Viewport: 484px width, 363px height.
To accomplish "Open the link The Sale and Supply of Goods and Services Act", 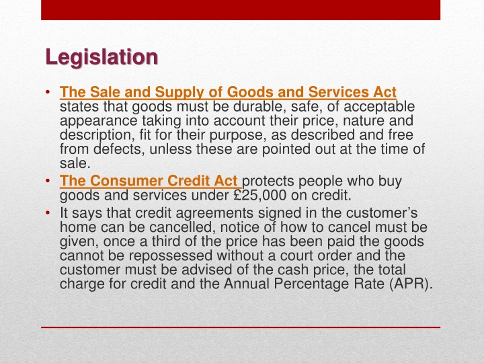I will click(228, 92).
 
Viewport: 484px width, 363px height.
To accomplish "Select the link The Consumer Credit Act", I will click(149, 181).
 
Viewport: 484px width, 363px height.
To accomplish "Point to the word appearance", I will click(91, 121).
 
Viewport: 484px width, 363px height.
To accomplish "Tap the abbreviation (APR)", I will click(409, 283).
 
